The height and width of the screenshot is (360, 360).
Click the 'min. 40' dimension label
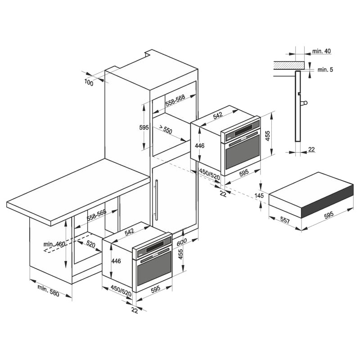pyautogui.click(x=321, y=51)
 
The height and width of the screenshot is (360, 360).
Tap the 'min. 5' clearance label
pyautogui.click(x=325, y=70)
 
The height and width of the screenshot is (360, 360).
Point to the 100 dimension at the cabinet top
pyautogui.click(x=89, y=82)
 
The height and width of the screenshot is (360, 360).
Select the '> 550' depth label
pyautogui.click(x=165, y=129)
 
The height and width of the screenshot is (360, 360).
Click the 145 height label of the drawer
pyautogui.click(x=259, y=196)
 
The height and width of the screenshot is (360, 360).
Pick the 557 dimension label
pyautogui.click(x=285, y=220)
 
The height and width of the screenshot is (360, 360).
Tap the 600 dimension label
pyautogui.click(x=182, y=242)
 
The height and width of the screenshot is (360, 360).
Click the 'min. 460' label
pyautogui.click(x=54, y=244)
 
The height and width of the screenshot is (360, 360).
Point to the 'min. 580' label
pyautogui.click(x=48, y=290)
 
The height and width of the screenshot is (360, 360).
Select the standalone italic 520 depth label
pyautogui.click(x=90, y=244)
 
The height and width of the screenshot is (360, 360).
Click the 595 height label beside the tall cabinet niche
pyautogui.click(x=144, y=127)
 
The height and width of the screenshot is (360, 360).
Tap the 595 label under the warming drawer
pyautogui.click(x=328, y=215)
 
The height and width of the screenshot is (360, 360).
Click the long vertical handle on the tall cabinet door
pyautogui.click(x=157, y=200)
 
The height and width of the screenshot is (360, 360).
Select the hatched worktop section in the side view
pyautogui.click(x=290, y=65)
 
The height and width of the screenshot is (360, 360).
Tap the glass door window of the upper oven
pyautogui.click(x=243, y=152)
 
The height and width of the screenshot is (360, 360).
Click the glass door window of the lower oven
pyautogui.click(x=154, y=268)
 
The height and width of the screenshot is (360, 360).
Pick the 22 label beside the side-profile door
pyautogui.click(x=311, y=149)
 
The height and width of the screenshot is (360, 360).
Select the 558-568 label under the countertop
pyautogui.click(x=96, y=215)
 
